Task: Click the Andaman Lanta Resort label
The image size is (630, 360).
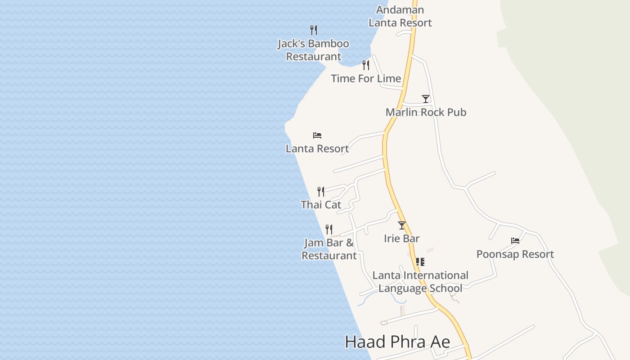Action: click(400, 16)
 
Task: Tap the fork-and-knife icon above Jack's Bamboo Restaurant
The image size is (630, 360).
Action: click(314, 30)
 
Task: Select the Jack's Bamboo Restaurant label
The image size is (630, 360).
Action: click(313, 50)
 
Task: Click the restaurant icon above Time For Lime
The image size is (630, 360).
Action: click(366, 65)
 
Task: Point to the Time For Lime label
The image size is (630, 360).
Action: click(366, 78)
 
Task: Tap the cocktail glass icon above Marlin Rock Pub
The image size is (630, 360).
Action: click(426, 99)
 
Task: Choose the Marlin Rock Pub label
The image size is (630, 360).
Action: click(426, 112)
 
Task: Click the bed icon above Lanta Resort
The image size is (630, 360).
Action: click(317, 135)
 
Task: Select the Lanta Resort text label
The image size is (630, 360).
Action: click(317, 148)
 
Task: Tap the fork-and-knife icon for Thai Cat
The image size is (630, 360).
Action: click(321, 192)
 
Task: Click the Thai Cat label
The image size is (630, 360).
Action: click(321, 205)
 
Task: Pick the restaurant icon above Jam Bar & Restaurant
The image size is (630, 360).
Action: click(329, 230)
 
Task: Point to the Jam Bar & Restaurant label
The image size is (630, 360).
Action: click(329, 249)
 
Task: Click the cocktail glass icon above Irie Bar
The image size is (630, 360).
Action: click(402, 225)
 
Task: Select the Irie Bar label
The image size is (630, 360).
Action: click(402, 238)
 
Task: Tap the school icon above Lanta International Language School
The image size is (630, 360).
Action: click(420, 262)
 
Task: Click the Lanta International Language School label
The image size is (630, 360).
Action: click(420, 282)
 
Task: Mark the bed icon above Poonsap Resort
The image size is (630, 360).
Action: click(515, 241)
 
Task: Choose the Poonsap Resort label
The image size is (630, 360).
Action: click(515, 254)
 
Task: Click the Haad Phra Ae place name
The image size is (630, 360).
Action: click(397, 342)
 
